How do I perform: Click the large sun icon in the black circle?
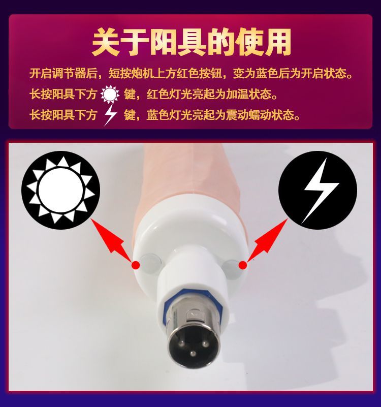point(61,190)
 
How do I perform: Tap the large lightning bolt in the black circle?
point(321,191)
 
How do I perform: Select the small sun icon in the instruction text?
point(110,94)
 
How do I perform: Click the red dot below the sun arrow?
point(136,265)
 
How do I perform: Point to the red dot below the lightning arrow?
point(243,265)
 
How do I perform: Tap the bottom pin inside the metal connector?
point(193,353)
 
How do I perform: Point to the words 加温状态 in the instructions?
point(248,94)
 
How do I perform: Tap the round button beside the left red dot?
point(151,263)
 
